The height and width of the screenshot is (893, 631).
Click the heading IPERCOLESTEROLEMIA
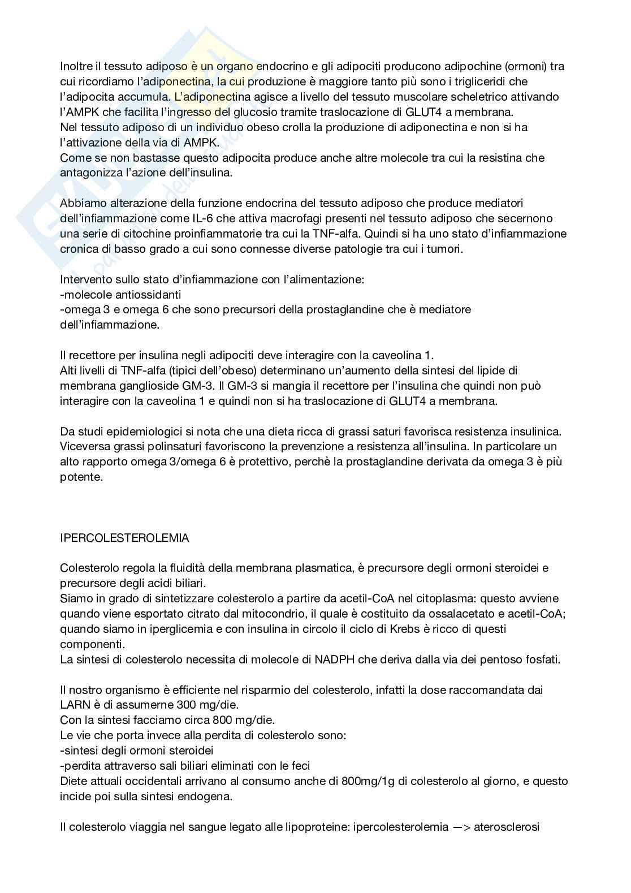click(x=124, y=538)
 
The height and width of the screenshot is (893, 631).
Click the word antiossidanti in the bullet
click(x=150, y=295)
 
